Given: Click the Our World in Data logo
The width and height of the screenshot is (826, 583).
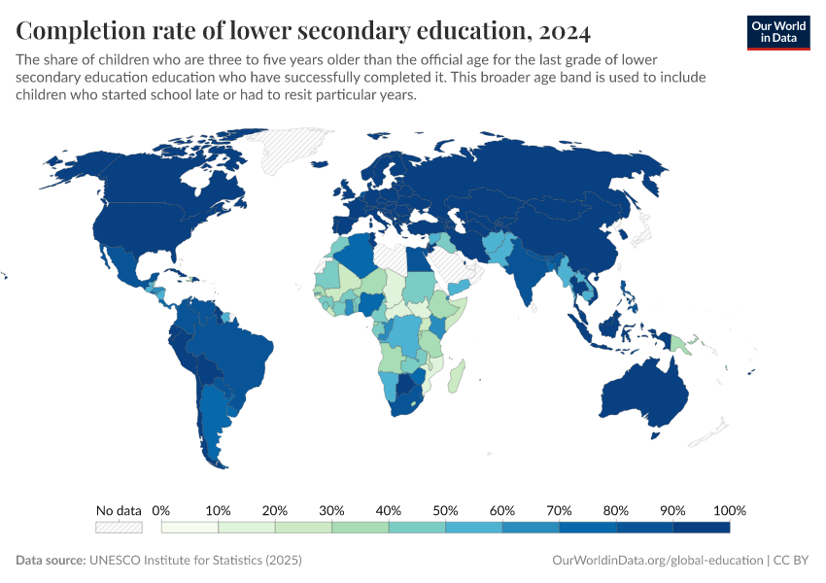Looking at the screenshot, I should (x=777, y=33).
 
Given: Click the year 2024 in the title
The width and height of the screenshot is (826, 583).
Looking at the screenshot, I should (x=562, y=32).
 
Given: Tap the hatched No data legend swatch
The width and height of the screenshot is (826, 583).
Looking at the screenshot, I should (x=119, y=528).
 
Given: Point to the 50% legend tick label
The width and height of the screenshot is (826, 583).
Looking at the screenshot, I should (x=445, y=510).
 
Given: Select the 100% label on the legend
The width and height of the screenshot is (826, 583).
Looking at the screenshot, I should (x=729, y=510).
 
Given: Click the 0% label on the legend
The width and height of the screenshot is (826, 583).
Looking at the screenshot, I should (x=162, y=510).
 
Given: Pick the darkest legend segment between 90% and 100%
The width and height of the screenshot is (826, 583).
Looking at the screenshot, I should (x=701, y=528).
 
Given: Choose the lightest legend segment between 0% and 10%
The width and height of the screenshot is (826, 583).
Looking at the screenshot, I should (x=190, y=528).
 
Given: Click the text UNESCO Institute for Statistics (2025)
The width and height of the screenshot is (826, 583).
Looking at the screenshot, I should (x=195, y=561).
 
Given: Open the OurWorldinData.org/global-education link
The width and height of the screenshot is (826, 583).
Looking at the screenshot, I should (x=656, y=561).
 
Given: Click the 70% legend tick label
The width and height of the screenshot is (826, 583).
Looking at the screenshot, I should (x=559, y=510).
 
